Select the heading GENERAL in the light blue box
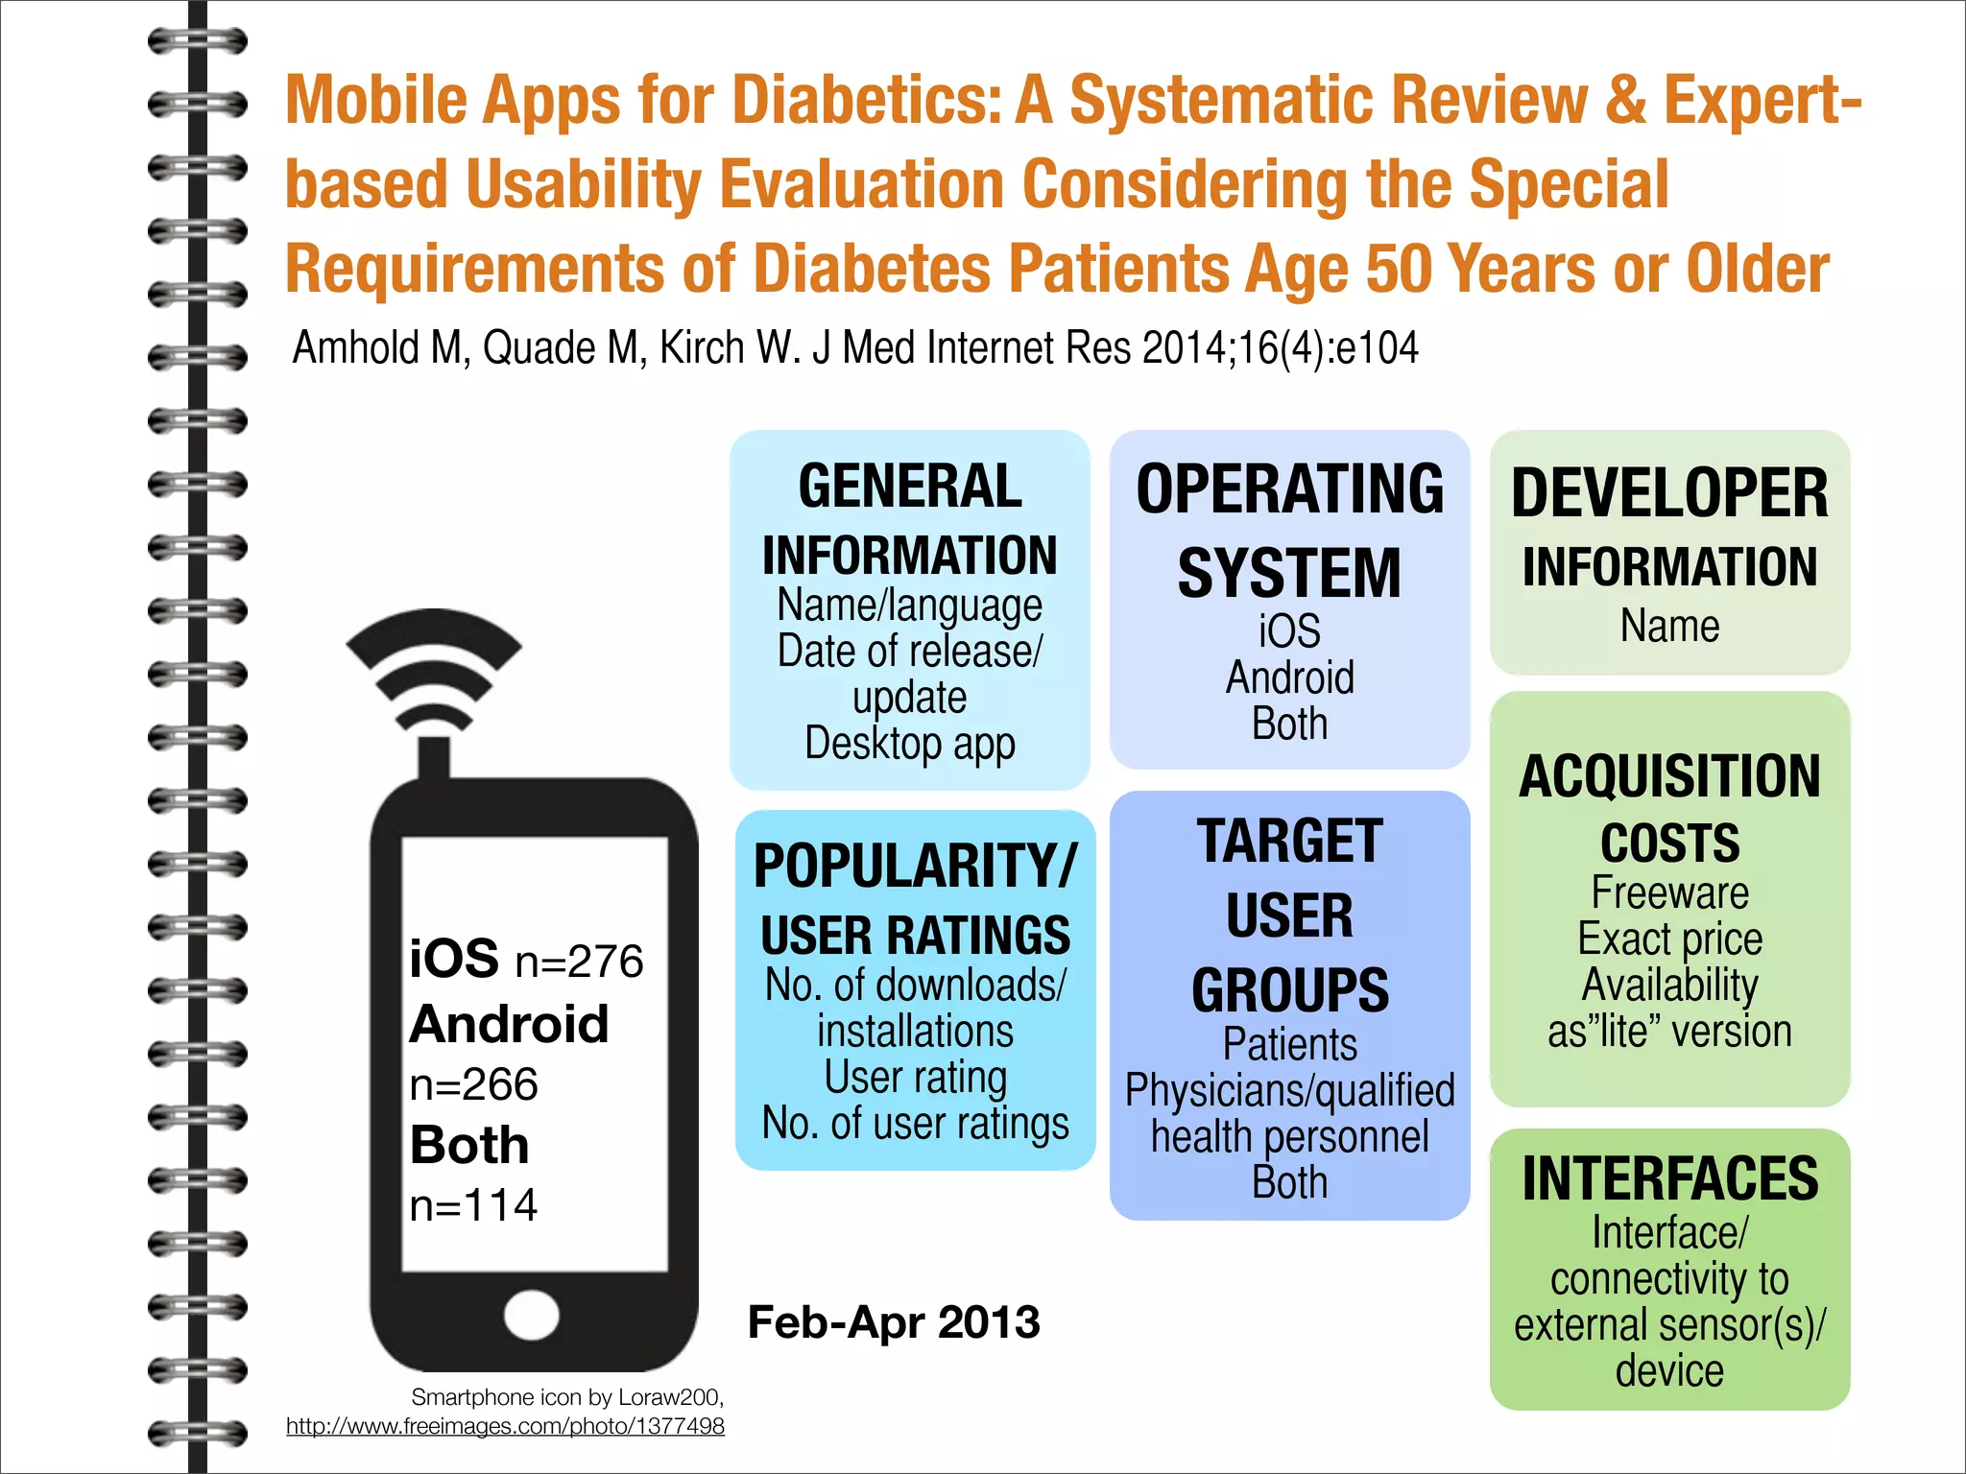pos(909,487)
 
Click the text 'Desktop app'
pos(909,744)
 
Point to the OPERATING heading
pos(1289,489)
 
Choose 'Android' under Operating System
pos(1289,678)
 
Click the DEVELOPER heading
pos(1669,494)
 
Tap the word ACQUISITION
pos(1669,776)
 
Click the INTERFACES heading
pos(1669,1179)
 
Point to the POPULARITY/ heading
pos(915,867)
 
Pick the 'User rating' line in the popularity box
pos(915,1078)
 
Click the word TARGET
pos(1289,842)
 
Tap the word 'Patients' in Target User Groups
pos(1289,1045)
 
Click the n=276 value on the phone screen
pos(579,962)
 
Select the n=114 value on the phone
pos(473,1205)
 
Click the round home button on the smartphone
pos(532,1315)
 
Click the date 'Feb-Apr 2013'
pos(894,1322)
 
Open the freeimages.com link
pos(505,1427)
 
